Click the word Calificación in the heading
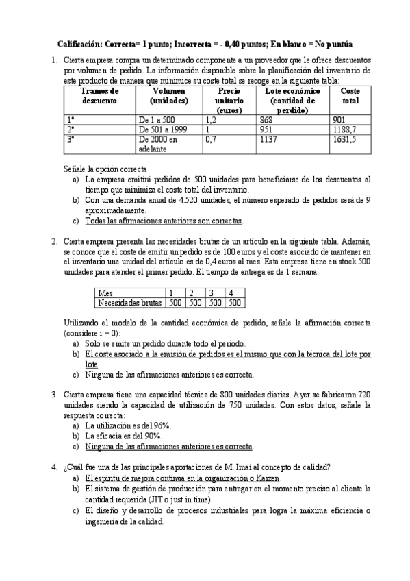click(79, 42)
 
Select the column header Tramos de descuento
click(99, 96)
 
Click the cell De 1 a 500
click(158, 119)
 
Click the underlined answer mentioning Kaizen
click(183, 478)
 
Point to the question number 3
click(54, 395)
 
